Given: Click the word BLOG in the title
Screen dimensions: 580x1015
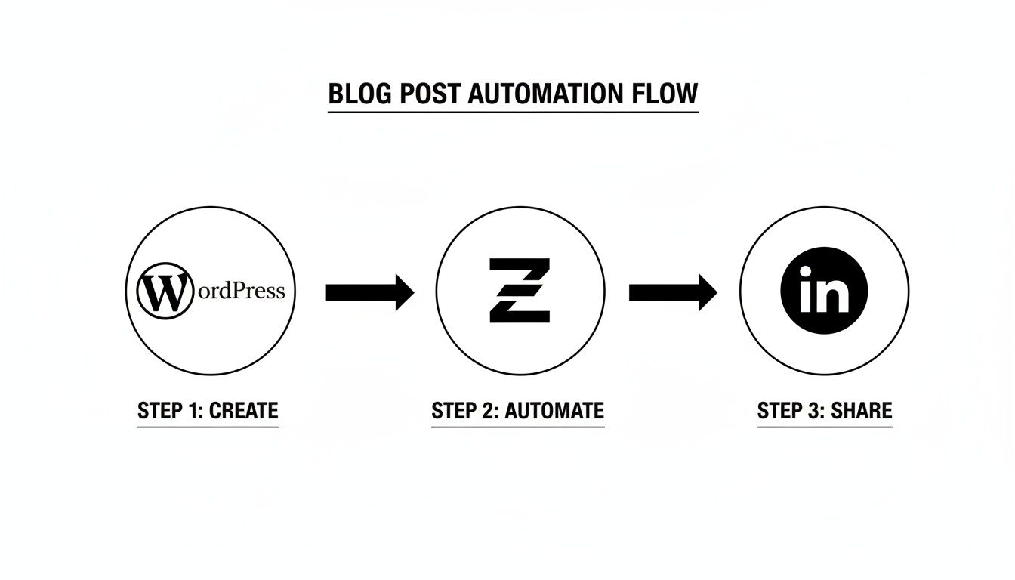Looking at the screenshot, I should pos(359,94).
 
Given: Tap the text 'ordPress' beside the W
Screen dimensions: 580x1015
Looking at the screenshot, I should pos(239,291).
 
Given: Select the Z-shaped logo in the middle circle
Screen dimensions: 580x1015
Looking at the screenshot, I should pos(520,291).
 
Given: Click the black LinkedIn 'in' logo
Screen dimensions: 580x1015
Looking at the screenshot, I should pos(823,292).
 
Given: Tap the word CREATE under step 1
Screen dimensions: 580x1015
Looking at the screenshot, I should pos(243,411).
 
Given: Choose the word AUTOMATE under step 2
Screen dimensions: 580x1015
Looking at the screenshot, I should pos(554,411).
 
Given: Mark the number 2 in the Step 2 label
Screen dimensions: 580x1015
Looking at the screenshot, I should pos(489,411).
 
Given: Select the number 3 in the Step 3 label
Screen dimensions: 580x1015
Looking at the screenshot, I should pos(814,411).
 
